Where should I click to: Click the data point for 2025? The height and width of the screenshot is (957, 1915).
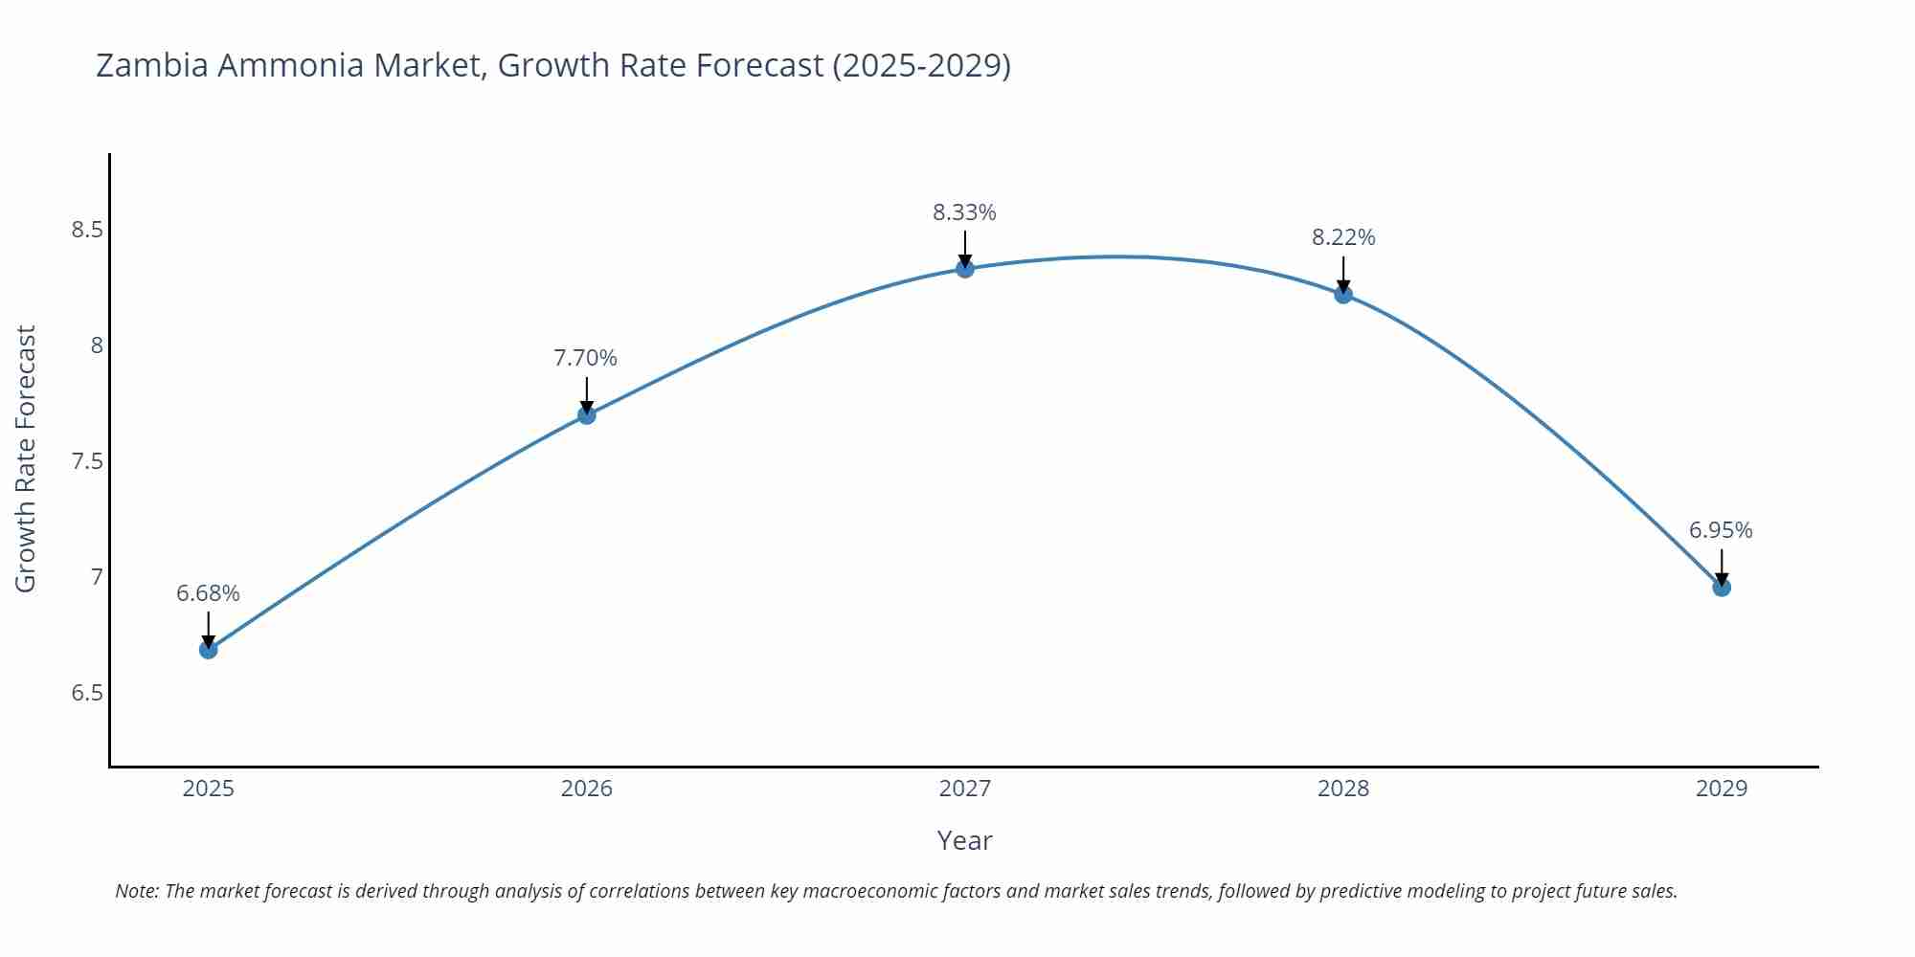tap(208, 650)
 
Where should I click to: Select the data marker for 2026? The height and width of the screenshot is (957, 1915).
tap(587, 414)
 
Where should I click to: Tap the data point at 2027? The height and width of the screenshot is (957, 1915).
tap(965, 269)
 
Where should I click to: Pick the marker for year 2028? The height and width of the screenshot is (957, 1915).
tap(1343, 294)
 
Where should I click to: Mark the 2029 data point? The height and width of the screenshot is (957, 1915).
tap(1722, 588)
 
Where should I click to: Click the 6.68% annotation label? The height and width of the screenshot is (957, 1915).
tap(208, 593)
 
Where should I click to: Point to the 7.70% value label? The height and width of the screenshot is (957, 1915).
tap(585, 358)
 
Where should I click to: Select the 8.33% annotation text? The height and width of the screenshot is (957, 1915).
tap(964, 212)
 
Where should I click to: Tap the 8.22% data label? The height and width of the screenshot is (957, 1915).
tap(1343, 237)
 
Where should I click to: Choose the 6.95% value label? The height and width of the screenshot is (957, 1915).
tap(1721, 530)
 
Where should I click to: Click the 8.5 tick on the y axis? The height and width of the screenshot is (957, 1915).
tap(87, 230)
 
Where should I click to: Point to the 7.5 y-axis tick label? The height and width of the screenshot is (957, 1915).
tap(87, 461)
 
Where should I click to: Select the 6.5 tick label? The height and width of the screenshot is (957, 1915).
tap(87, 693)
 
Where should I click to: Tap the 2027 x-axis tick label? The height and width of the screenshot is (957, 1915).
tap(965, 789)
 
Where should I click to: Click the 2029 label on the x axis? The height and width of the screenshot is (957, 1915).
tap(1722, 789)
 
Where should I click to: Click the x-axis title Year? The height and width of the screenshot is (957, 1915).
tap(964, 840)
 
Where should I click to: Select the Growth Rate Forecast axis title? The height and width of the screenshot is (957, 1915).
tap(26, 458)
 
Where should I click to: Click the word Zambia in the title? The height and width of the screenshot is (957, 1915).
tap(152, 65)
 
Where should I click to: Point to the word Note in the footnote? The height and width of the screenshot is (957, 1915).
tap(137, 891)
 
